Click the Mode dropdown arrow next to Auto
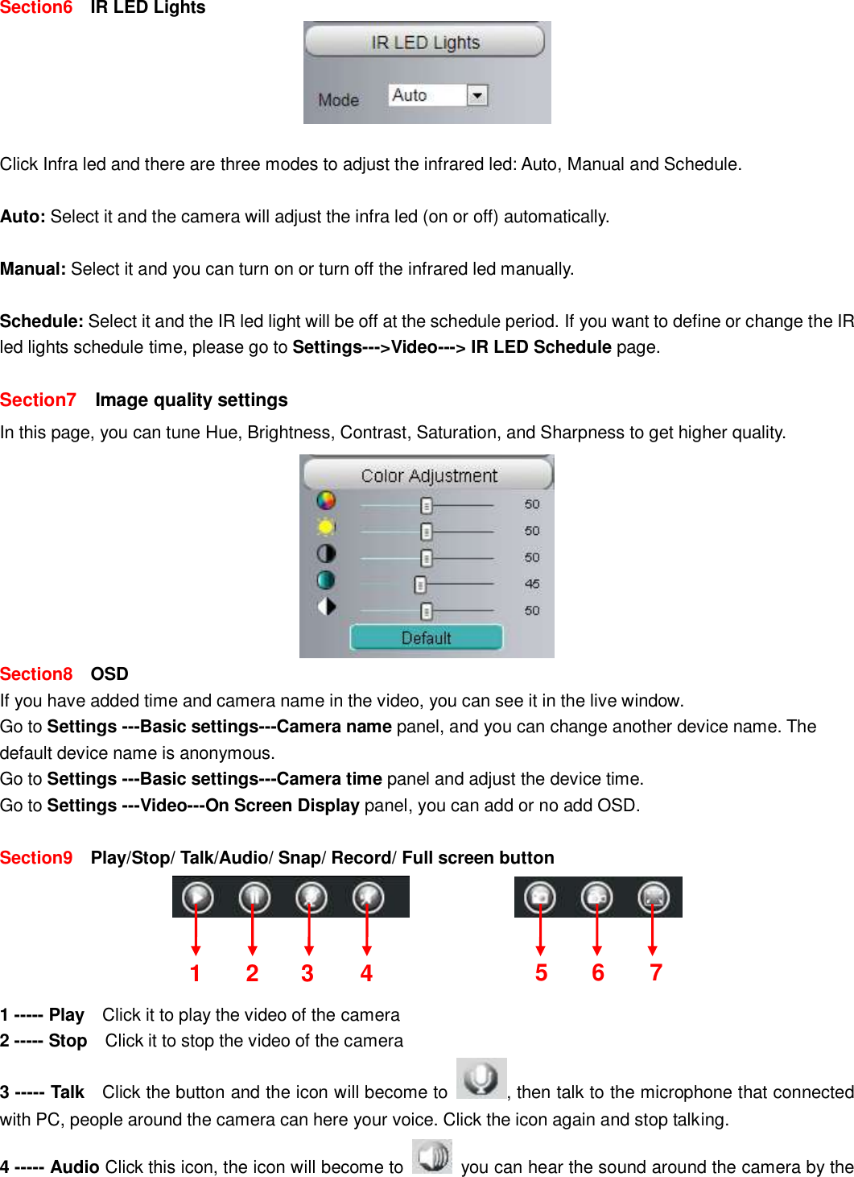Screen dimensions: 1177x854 (477, 96)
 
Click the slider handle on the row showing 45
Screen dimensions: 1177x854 (419, 584)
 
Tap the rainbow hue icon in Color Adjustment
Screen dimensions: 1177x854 (326, 500)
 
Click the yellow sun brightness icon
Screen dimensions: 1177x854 (326, 527)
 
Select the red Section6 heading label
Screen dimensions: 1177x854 (36, 8)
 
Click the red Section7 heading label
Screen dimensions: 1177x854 (38, 400)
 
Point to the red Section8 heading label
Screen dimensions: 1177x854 (36, 674)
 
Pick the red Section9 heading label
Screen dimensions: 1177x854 (36, 858)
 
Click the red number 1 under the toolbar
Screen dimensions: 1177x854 (195, 973)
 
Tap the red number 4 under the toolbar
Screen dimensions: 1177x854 (366, 973)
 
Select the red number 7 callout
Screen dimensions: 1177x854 (656, 972)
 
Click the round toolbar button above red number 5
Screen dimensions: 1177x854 (540, 897)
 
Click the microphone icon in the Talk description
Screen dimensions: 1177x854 (481, 1078)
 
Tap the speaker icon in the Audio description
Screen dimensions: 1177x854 (432, 1157)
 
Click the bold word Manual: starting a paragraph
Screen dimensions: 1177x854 (33, 269)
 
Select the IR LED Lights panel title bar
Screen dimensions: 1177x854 (425, 42)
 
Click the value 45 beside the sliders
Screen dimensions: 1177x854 (532, 584)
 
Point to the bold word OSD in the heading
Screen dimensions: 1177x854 (109, 674)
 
